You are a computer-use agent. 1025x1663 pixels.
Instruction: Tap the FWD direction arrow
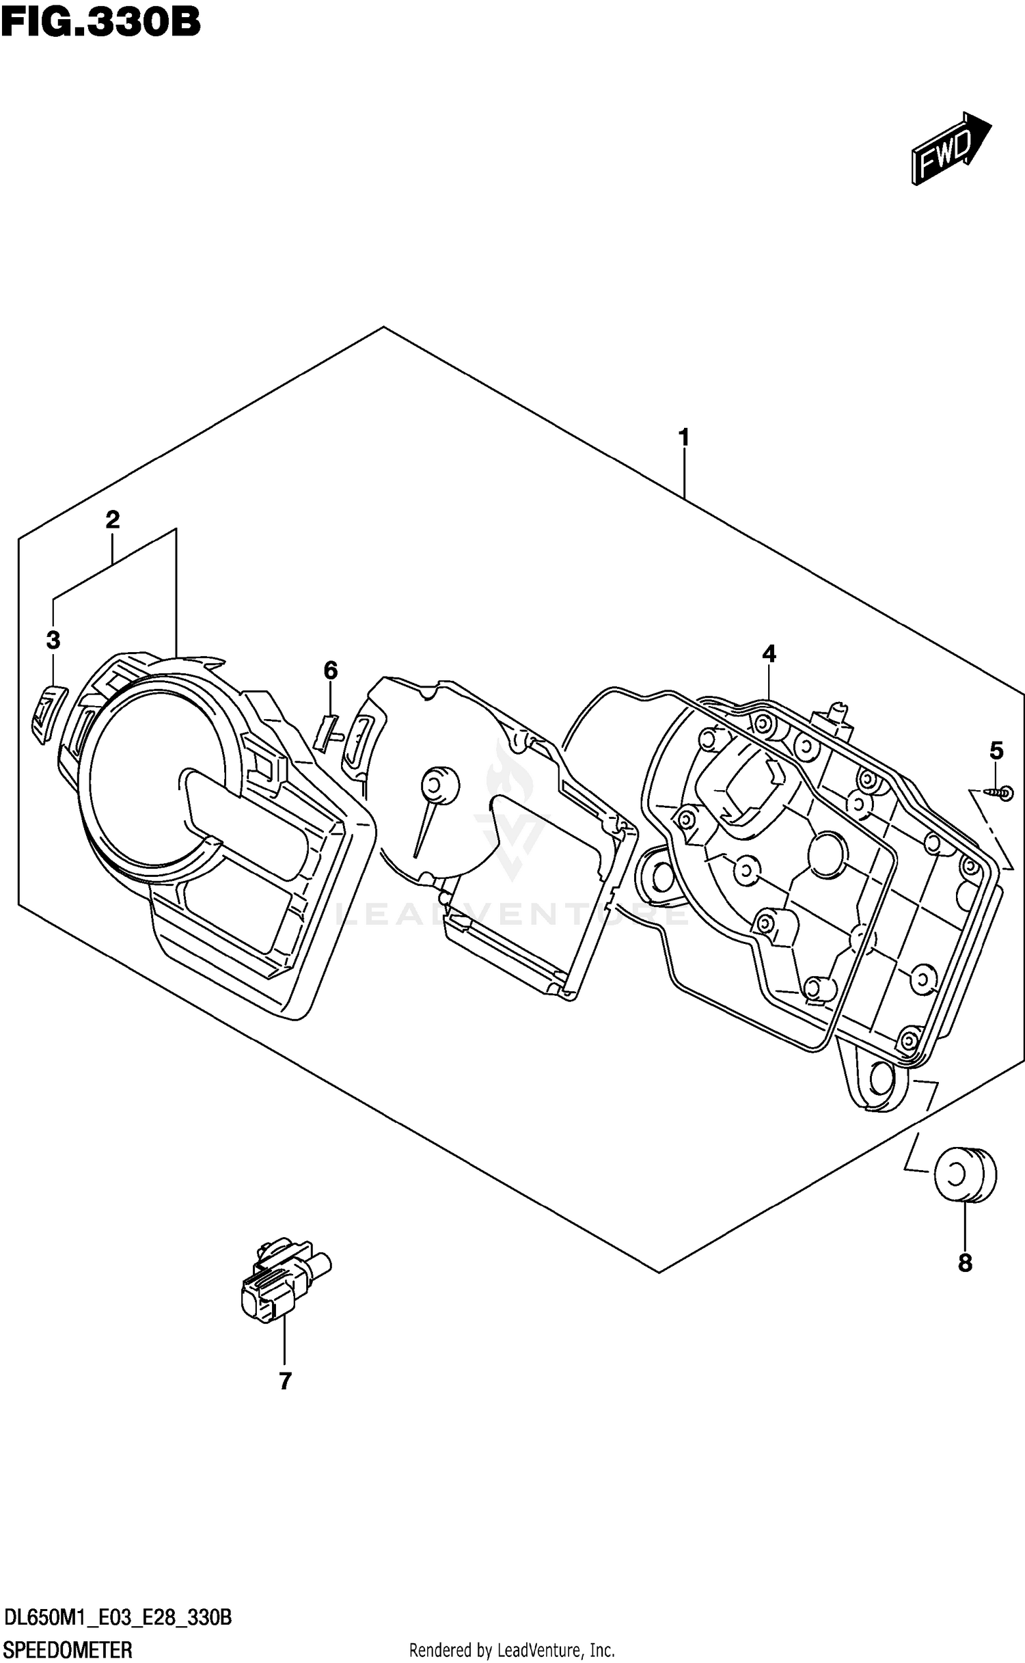point(950,148)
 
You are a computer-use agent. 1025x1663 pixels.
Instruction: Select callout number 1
point(683,437)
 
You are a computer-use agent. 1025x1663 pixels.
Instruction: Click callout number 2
point(113,520)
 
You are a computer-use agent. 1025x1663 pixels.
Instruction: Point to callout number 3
point(53,640)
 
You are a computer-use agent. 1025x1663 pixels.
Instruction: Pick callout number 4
point(769,654)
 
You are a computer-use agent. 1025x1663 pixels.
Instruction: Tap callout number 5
point(996,752)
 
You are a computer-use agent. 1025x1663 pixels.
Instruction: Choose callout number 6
point(330,671)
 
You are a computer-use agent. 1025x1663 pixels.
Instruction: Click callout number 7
point(285,1381)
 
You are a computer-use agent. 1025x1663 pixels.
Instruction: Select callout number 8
point(964,1264)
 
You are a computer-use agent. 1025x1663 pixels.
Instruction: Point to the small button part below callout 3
point(46,712)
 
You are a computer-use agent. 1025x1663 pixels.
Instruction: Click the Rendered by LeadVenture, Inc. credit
point(512,1651)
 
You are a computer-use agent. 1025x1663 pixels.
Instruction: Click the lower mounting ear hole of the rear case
point(881,1082)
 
